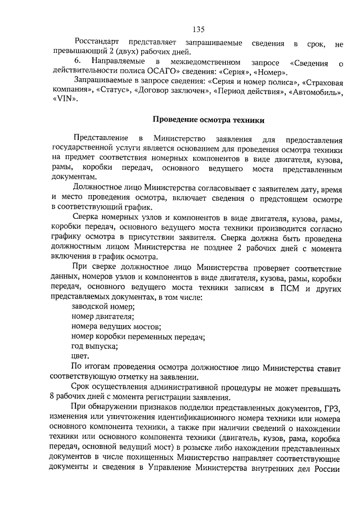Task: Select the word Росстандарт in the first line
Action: point(100,43)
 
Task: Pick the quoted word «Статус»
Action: point(112,91)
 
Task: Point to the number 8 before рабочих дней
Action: point(52,396)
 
